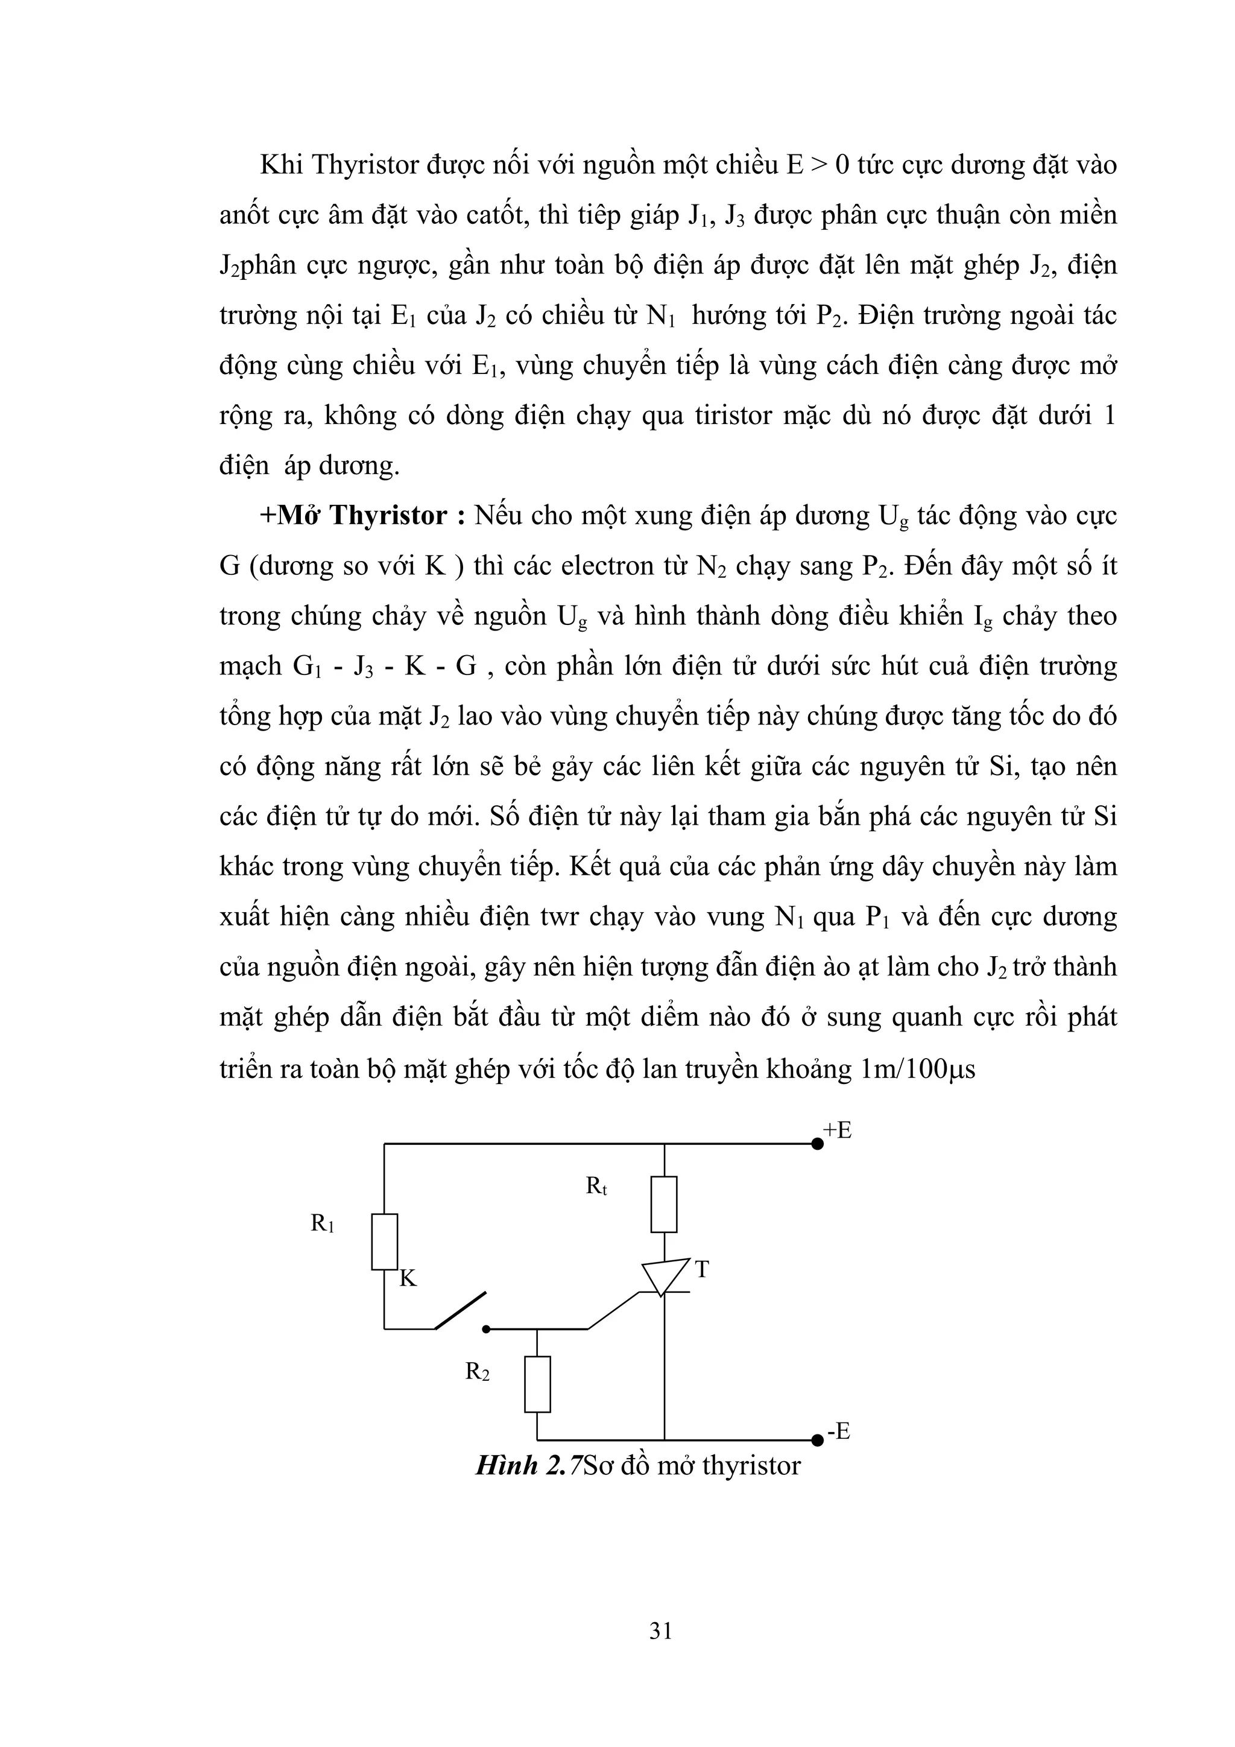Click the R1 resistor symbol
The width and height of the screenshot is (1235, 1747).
tap(384, 1241)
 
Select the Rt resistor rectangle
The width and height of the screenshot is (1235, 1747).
tap(664, 1203)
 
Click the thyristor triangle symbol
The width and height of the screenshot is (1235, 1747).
tap(663, 1278)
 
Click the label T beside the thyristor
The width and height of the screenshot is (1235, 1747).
tap(702, 1269)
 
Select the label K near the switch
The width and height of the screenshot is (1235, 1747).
tap(408, 1279)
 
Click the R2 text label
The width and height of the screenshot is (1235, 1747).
tap(478, 1372)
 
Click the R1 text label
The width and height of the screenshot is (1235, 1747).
tap(323, 1223)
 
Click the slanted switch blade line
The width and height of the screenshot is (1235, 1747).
tap(460, 1310)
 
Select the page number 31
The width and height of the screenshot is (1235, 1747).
tap(661, 1630)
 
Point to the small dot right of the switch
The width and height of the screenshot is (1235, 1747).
tap(487, 1330)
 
